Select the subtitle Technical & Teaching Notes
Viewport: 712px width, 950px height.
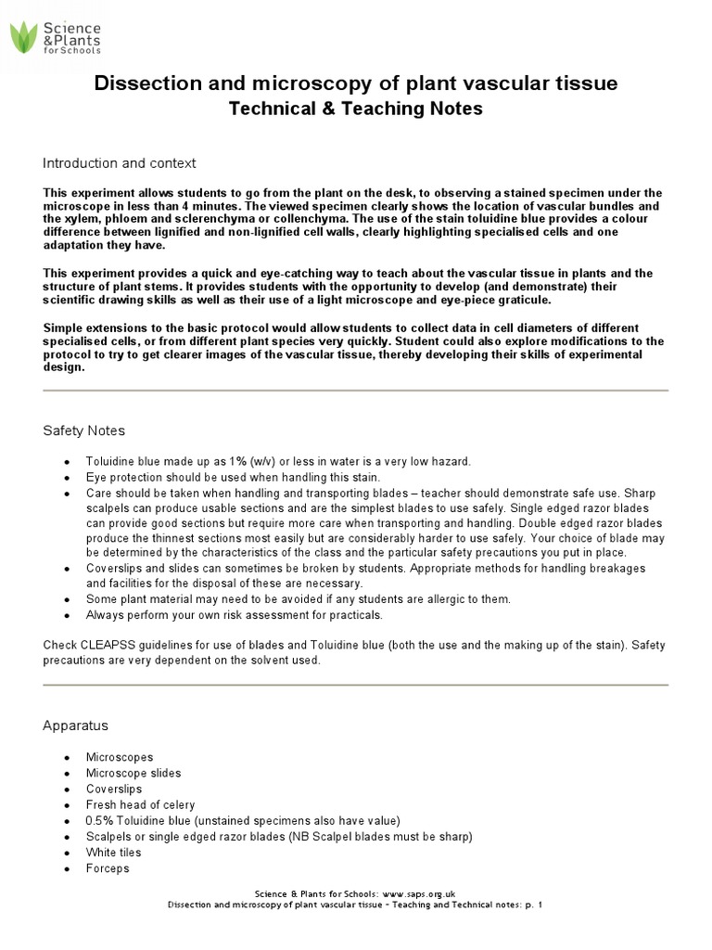(x=355, y=109)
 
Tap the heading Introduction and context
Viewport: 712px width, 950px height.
(x=119, y=163)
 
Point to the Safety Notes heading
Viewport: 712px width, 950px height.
(x=83, y=431)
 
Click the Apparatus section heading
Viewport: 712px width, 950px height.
(x=75, y=725)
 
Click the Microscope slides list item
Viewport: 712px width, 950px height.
(x=133, y=773)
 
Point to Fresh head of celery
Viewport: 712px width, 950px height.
(x=140, y=804)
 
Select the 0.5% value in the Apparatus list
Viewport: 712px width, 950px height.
(x=99, y=820)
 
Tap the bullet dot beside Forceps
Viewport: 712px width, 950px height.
(x=66, y=868)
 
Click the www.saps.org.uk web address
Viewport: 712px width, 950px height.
(x=418, y=892)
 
